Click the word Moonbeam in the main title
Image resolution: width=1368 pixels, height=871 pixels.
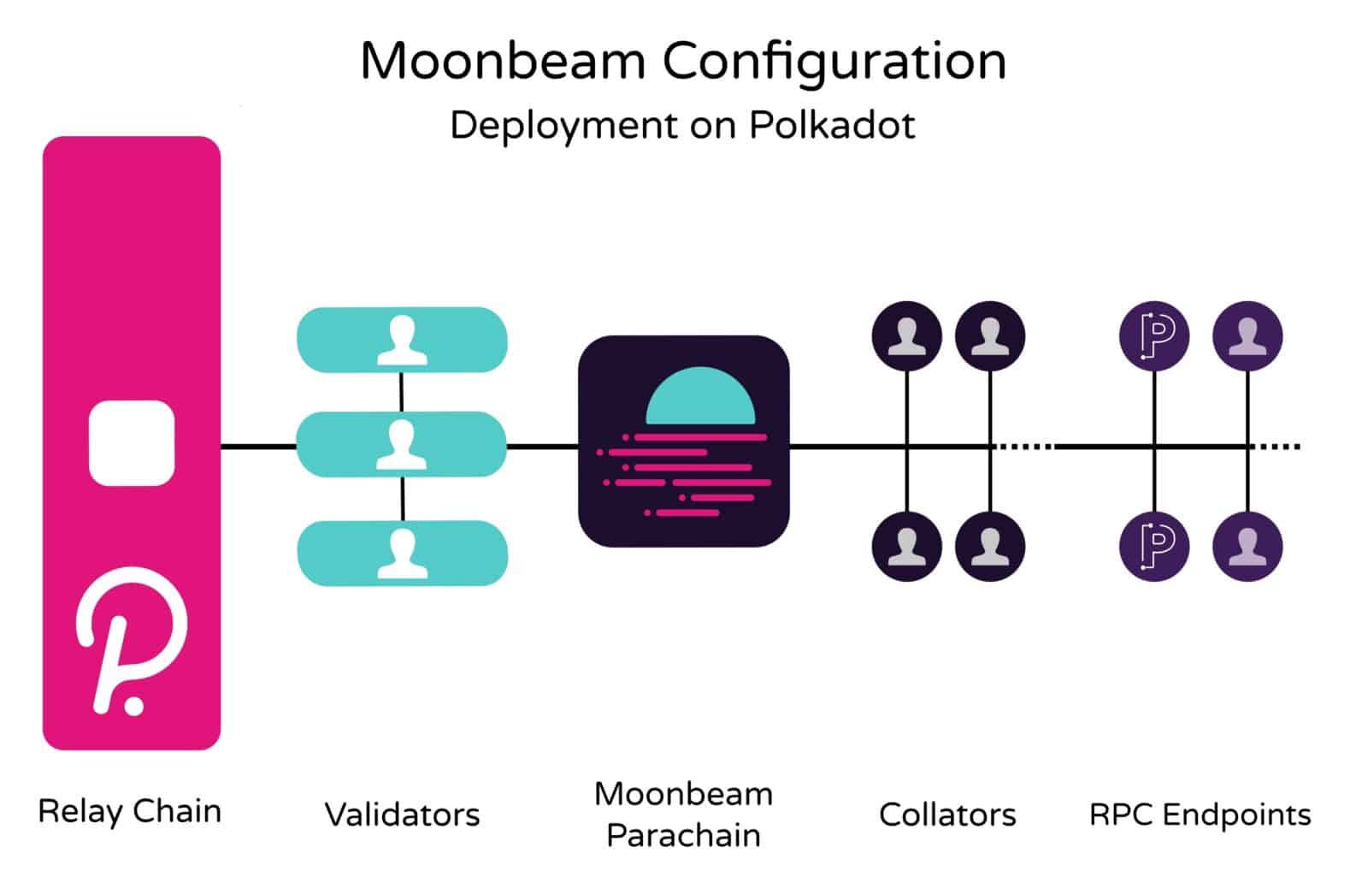point(503,62)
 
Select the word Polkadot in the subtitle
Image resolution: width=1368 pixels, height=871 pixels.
point(831,126)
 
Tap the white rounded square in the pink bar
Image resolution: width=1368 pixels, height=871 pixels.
point(132,443)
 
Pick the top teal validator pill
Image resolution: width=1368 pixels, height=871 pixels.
point(402,340)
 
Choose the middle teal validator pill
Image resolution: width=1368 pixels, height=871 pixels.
point(402,444)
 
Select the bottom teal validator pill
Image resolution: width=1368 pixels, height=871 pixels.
point(402,553)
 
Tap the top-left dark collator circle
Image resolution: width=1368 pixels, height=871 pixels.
point(906,336)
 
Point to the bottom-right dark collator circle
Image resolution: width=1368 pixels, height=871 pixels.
point(989,546)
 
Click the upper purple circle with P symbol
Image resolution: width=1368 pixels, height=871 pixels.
point(1154,336)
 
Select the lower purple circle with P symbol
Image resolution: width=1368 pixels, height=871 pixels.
point(1154,546)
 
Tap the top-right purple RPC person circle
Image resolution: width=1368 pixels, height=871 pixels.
point(1247,336)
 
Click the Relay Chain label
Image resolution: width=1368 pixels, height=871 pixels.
point(130,811)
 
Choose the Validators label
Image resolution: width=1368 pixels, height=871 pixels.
point(402,815)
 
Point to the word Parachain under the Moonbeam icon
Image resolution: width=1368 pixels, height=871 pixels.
point(683,835)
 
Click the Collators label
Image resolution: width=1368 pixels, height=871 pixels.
point(947,815)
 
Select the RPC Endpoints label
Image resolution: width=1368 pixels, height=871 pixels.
point(1200,815)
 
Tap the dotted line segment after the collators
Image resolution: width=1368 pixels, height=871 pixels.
point(1026,446)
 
